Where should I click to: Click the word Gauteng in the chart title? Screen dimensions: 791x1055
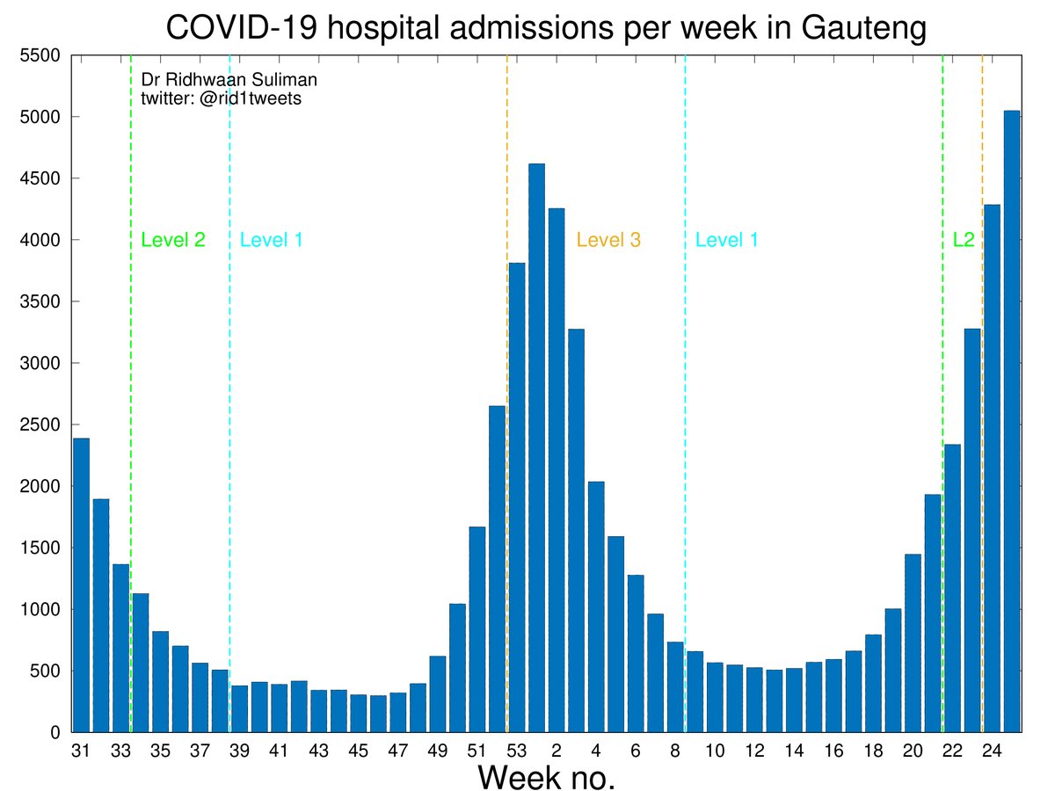pos(850,29)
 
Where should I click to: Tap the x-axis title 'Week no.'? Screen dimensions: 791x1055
pos(546,777)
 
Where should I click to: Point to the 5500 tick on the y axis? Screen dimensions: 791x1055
pos(40,55)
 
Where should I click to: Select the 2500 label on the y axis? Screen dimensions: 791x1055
pos(40,425)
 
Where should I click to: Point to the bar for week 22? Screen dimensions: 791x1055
pos(952,588)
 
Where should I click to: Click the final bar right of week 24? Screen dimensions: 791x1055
pos(1012,422)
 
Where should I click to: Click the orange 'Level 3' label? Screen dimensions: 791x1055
pos(608,240)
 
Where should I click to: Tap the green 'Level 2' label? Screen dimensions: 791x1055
pos(173,240)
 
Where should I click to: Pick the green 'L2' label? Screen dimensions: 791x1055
pos(964,240)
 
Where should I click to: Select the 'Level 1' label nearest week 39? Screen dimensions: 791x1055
pos(272,240)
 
